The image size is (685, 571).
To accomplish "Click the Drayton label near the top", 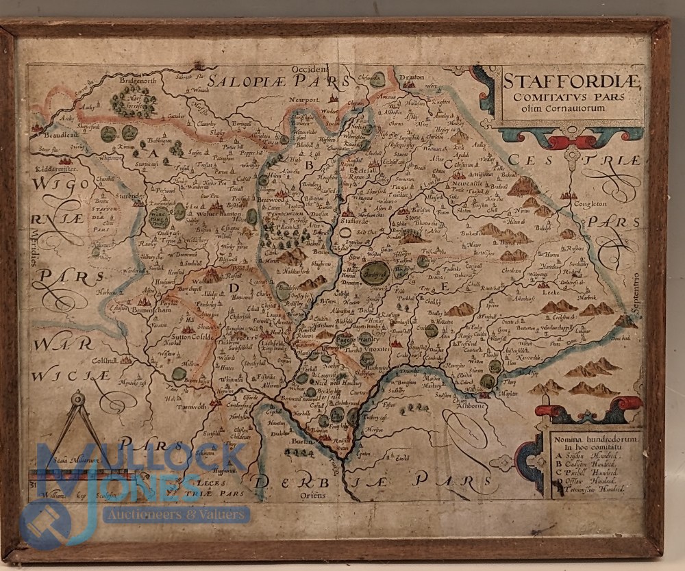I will (x=413, y=78).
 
